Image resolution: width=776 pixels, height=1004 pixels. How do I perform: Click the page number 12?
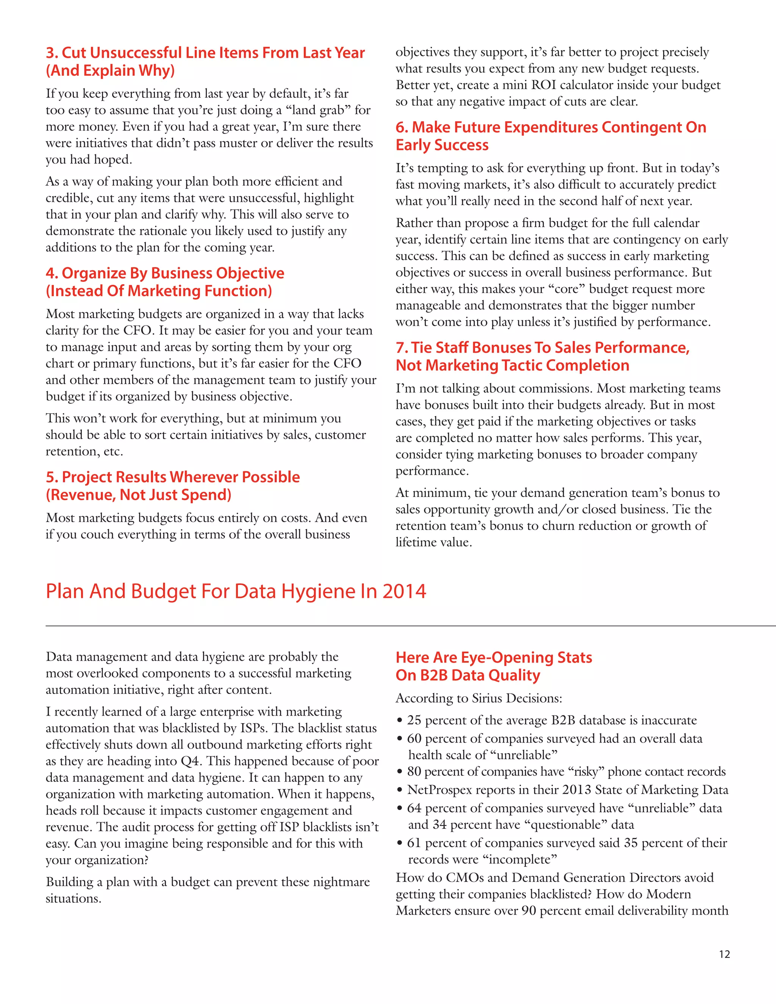(724, 954)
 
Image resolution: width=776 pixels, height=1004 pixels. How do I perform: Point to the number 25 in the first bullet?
(414, 720)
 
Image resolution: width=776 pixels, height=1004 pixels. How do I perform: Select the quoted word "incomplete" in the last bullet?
(519, 859)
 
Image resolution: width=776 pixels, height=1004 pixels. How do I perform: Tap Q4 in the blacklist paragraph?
(190, 761)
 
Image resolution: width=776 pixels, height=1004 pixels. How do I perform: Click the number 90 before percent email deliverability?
(529, 911)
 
